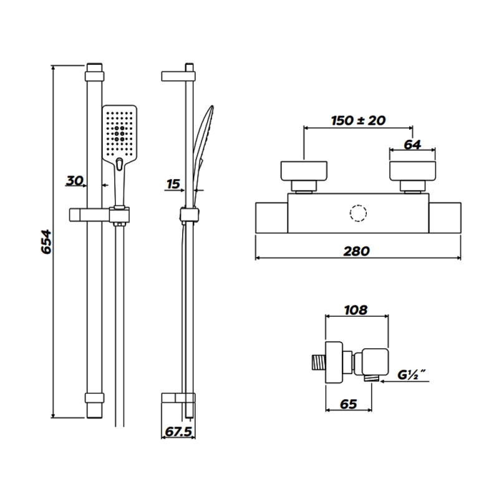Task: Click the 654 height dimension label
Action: click(46, 241)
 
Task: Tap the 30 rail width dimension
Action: click(74, 180)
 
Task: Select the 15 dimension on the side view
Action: click(173, 184)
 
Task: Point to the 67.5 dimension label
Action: click(178, 432)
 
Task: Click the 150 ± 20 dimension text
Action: click(358, 120)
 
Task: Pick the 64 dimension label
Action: click(412, 145)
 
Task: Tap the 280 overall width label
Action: click(356, 251)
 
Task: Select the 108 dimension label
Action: click(356, 309)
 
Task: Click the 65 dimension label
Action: click(349, 404)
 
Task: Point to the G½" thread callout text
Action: click(412, 375)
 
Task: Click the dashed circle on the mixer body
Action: click(358, 213)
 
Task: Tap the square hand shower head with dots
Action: click(120, 133)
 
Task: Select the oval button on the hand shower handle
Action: click(120, 164)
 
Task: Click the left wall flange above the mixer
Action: click(304, 171)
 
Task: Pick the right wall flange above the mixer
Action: click(413, 171)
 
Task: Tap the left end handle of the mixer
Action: click(271, 218)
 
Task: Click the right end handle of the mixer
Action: click(445, 218)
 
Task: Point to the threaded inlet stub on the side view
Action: click(318, 363)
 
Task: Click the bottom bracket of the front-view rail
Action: click(95, 398)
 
